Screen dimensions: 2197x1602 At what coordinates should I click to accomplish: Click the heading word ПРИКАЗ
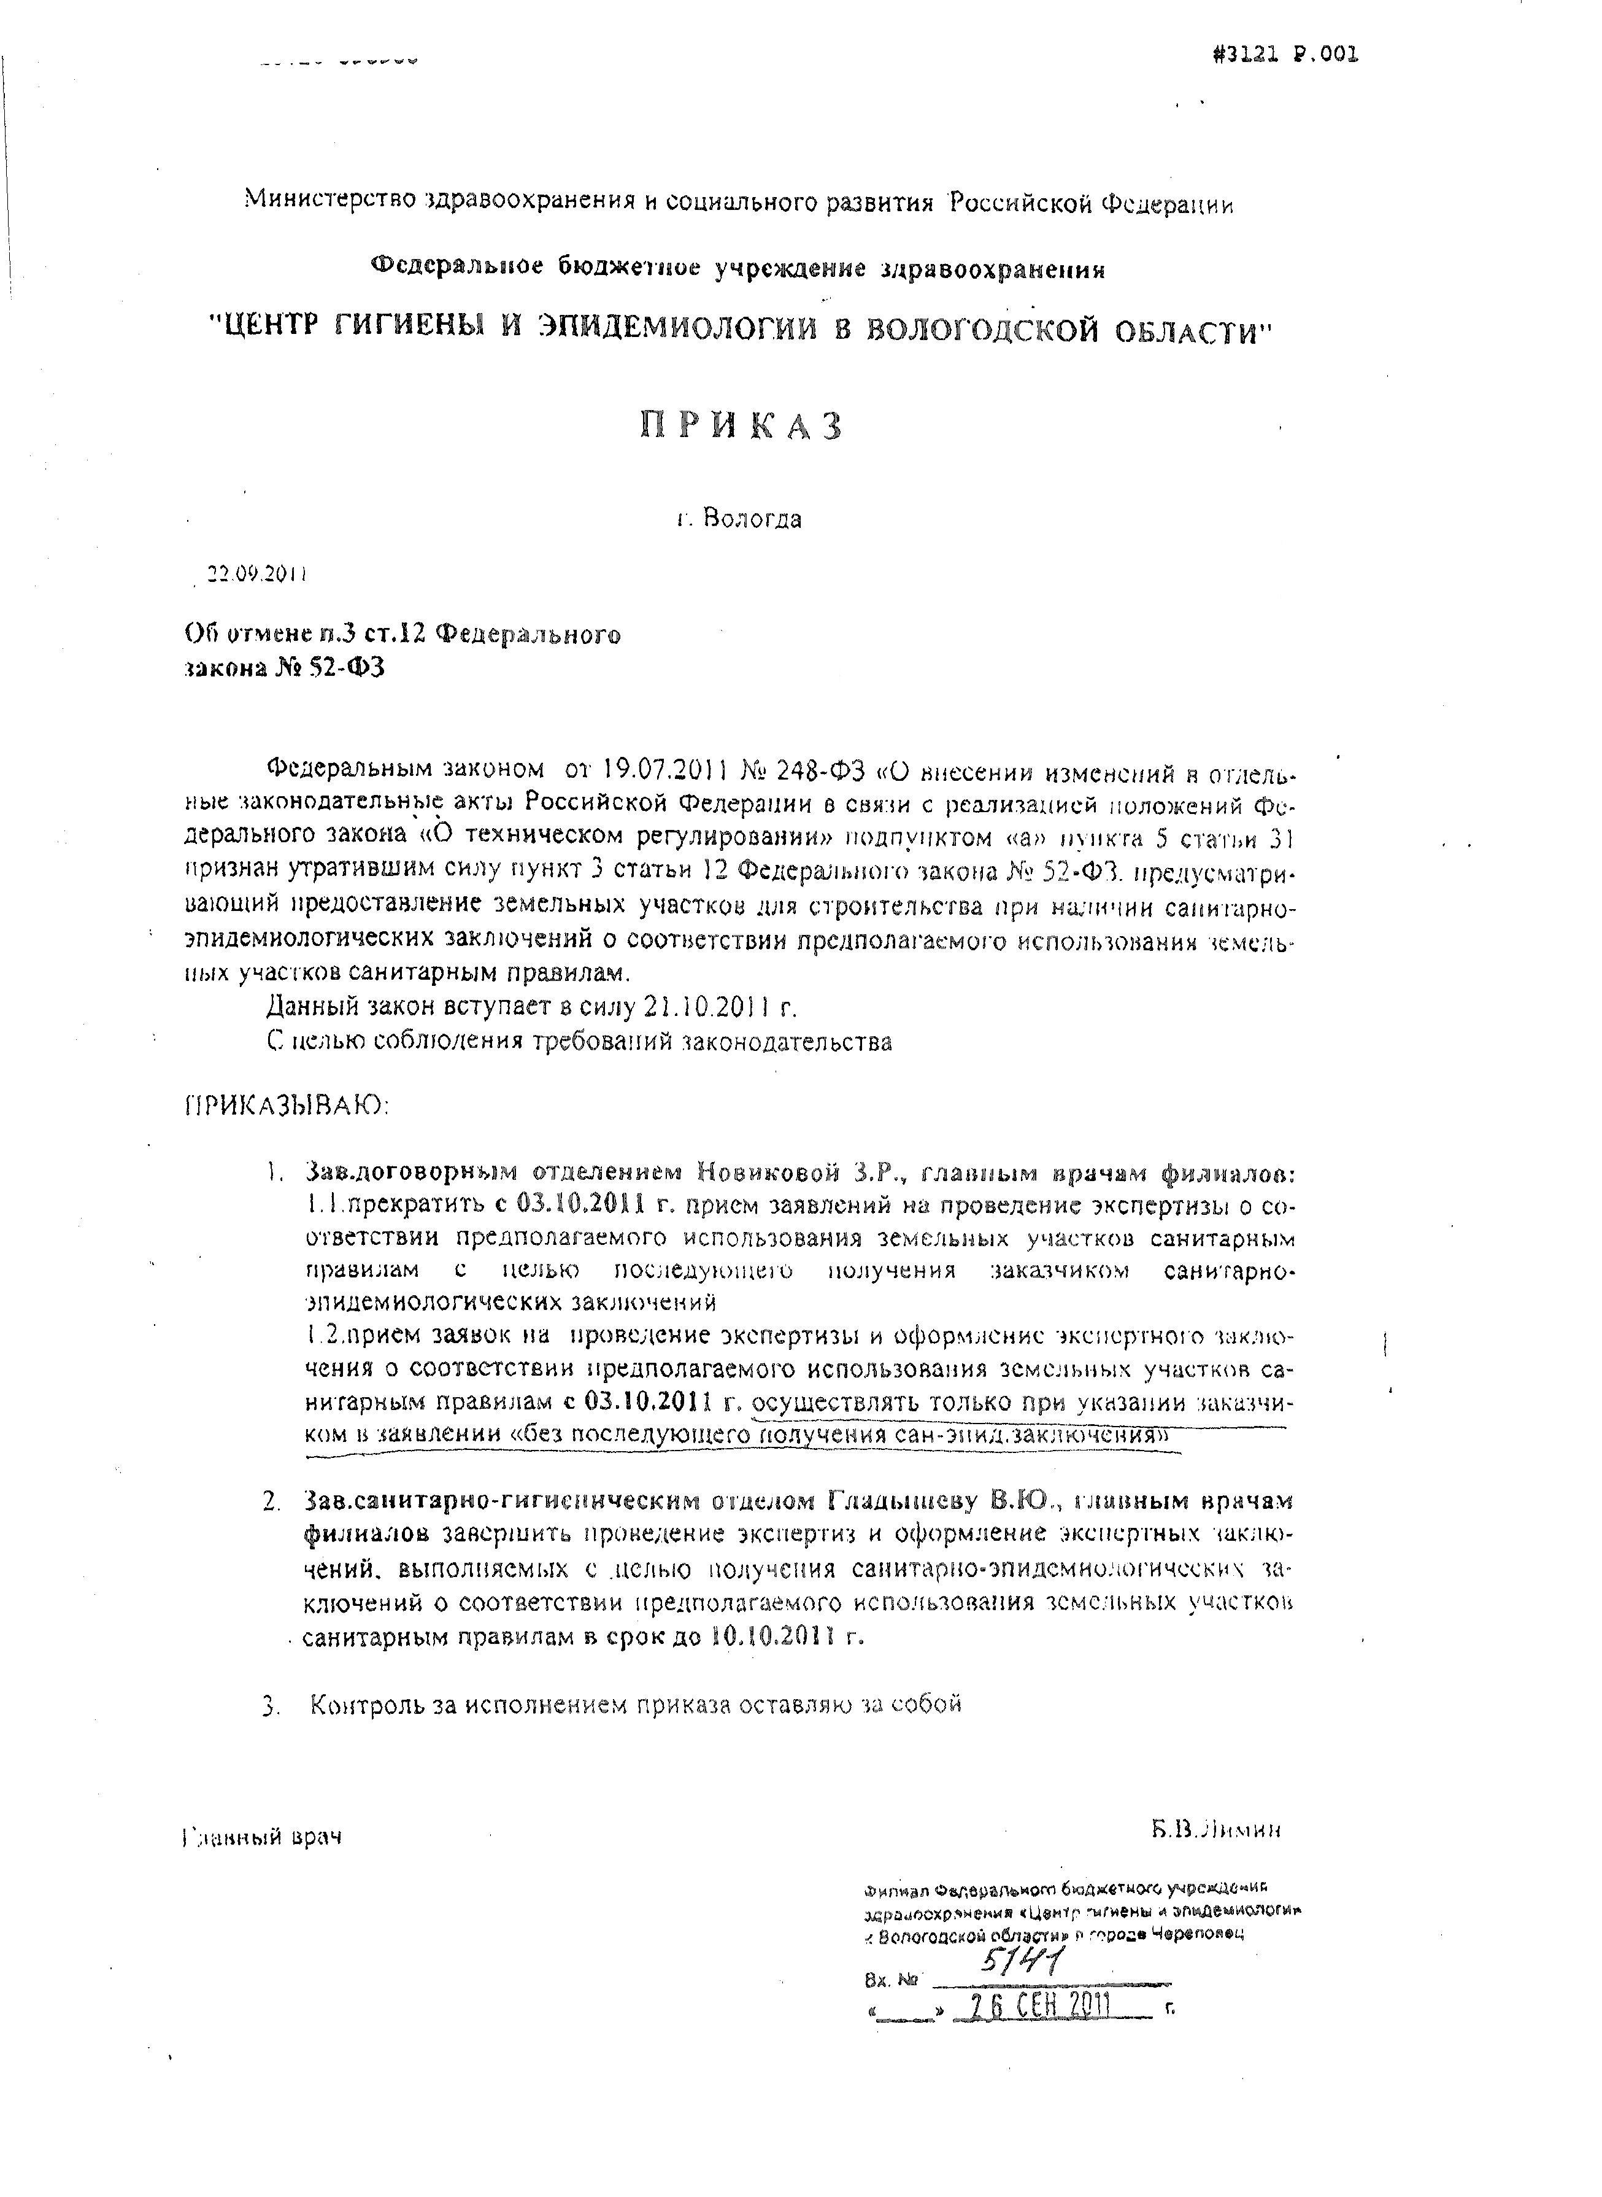(x=741, y=426)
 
